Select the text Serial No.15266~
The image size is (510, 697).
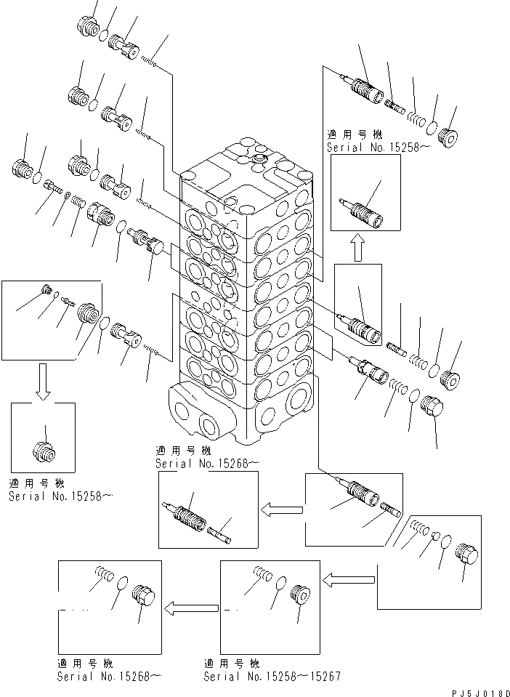(206, 463)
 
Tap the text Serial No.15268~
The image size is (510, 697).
(109, 676)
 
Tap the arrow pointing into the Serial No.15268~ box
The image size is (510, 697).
(190, 608)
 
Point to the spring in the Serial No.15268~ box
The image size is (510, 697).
(102, 576)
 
